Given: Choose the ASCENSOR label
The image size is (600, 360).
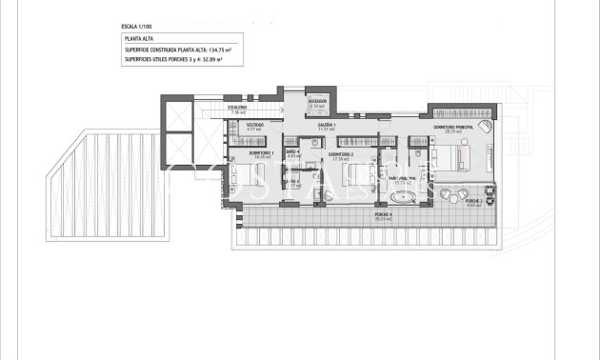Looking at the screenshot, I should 318,100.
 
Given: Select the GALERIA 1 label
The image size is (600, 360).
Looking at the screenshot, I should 328,125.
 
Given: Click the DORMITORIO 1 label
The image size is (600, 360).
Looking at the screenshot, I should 261,153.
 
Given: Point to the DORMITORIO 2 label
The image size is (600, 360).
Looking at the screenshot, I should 341,153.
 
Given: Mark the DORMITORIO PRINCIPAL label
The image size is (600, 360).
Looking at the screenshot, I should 453,128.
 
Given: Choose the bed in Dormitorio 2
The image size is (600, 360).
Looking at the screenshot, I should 353,177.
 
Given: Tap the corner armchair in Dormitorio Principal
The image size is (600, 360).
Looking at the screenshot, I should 485,126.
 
